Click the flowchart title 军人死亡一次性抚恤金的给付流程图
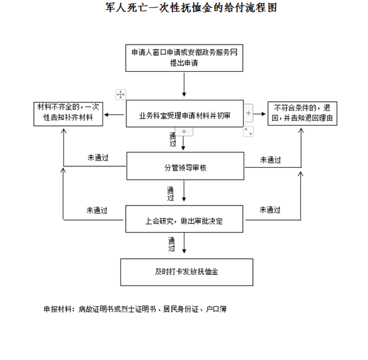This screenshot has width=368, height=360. click(191, 7)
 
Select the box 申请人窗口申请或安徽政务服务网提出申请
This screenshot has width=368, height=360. click(184, 58)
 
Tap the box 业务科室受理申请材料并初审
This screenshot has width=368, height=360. click(185, 114)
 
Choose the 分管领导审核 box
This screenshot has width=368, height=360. click(185, 166)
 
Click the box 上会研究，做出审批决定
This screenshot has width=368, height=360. click(184, 219)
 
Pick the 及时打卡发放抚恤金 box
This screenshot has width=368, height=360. click(187, 272)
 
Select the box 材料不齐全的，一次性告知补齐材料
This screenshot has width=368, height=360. click(69, 114)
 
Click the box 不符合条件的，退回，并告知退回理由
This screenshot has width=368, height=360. click(302, 114)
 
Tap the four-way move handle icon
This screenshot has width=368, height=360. click(120, 94)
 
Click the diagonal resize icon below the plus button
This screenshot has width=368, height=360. click(248, 131)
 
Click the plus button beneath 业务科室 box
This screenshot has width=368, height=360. click(184, 132)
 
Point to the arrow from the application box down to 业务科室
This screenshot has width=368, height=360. click(184, 85)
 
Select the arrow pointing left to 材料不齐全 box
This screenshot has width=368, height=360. click(114, 114)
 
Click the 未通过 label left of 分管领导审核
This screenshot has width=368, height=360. click(98, 158)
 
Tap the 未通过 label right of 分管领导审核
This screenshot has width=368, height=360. click(270, 160)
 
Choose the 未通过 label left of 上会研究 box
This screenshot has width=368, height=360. click(97, 210)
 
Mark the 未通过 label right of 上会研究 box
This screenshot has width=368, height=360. click(270, 210)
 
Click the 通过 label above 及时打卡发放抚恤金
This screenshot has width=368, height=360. click(172, 244)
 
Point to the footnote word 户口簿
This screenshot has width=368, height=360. click(216, 309)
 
